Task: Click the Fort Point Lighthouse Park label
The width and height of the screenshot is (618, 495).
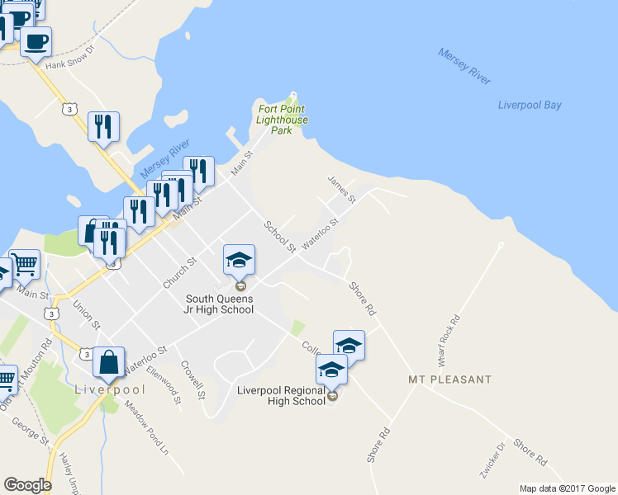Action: click(283, 120)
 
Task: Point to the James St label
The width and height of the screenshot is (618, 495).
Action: click(340, 189)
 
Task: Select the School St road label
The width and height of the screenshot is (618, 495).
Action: click(280, 237)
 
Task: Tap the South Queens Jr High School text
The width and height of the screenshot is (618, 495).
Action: click(219, 304)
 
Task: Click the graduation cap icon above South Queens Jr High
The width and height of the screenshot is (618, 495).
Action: click(239, 261)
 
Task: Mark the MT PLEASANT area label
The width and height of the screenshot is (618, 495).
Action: click(449, 380)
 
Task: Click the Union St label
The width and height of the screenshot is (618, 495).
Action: click(86, 315)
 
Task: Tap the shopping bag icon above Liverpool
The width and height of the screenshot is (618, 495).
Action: click(109, 361)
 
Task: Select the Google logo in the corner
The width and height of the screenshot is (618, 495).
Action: click(27, 485)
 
